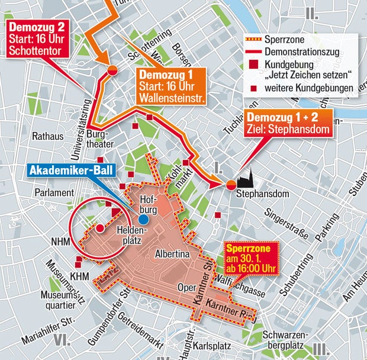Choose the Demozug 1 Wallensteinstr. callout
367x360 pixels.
[x=172, y=86]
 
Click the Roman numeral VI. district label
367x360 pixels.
[x=62, y=340]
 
